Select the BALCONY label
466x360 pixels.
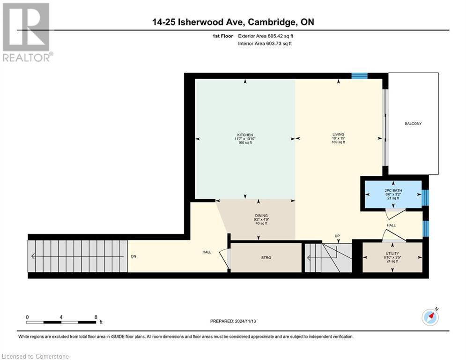pyautogui.click(x=413, y=124)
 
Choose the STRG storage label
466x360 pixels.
pyautogui.click(x=266, y=258)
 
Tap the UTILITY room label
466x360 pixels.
pyautogui.click(x=392, y=254)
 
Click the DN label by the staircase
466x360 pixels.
pyautogui.click(x=134, y=256)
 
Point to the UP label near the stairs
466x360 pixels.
pyautogui.click(x=337, y=236)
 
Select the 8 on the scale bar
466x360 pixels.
pyautogui.click(x=96, y=317)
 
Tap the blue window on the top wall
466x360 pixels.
pyautogui.click(x=360, y=75)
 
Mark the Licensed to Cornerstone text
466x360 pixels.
pyautogui.click(x=36, y=357)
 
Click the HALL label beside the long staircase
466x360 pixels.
pyautogui.click(x=207, y=252)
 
